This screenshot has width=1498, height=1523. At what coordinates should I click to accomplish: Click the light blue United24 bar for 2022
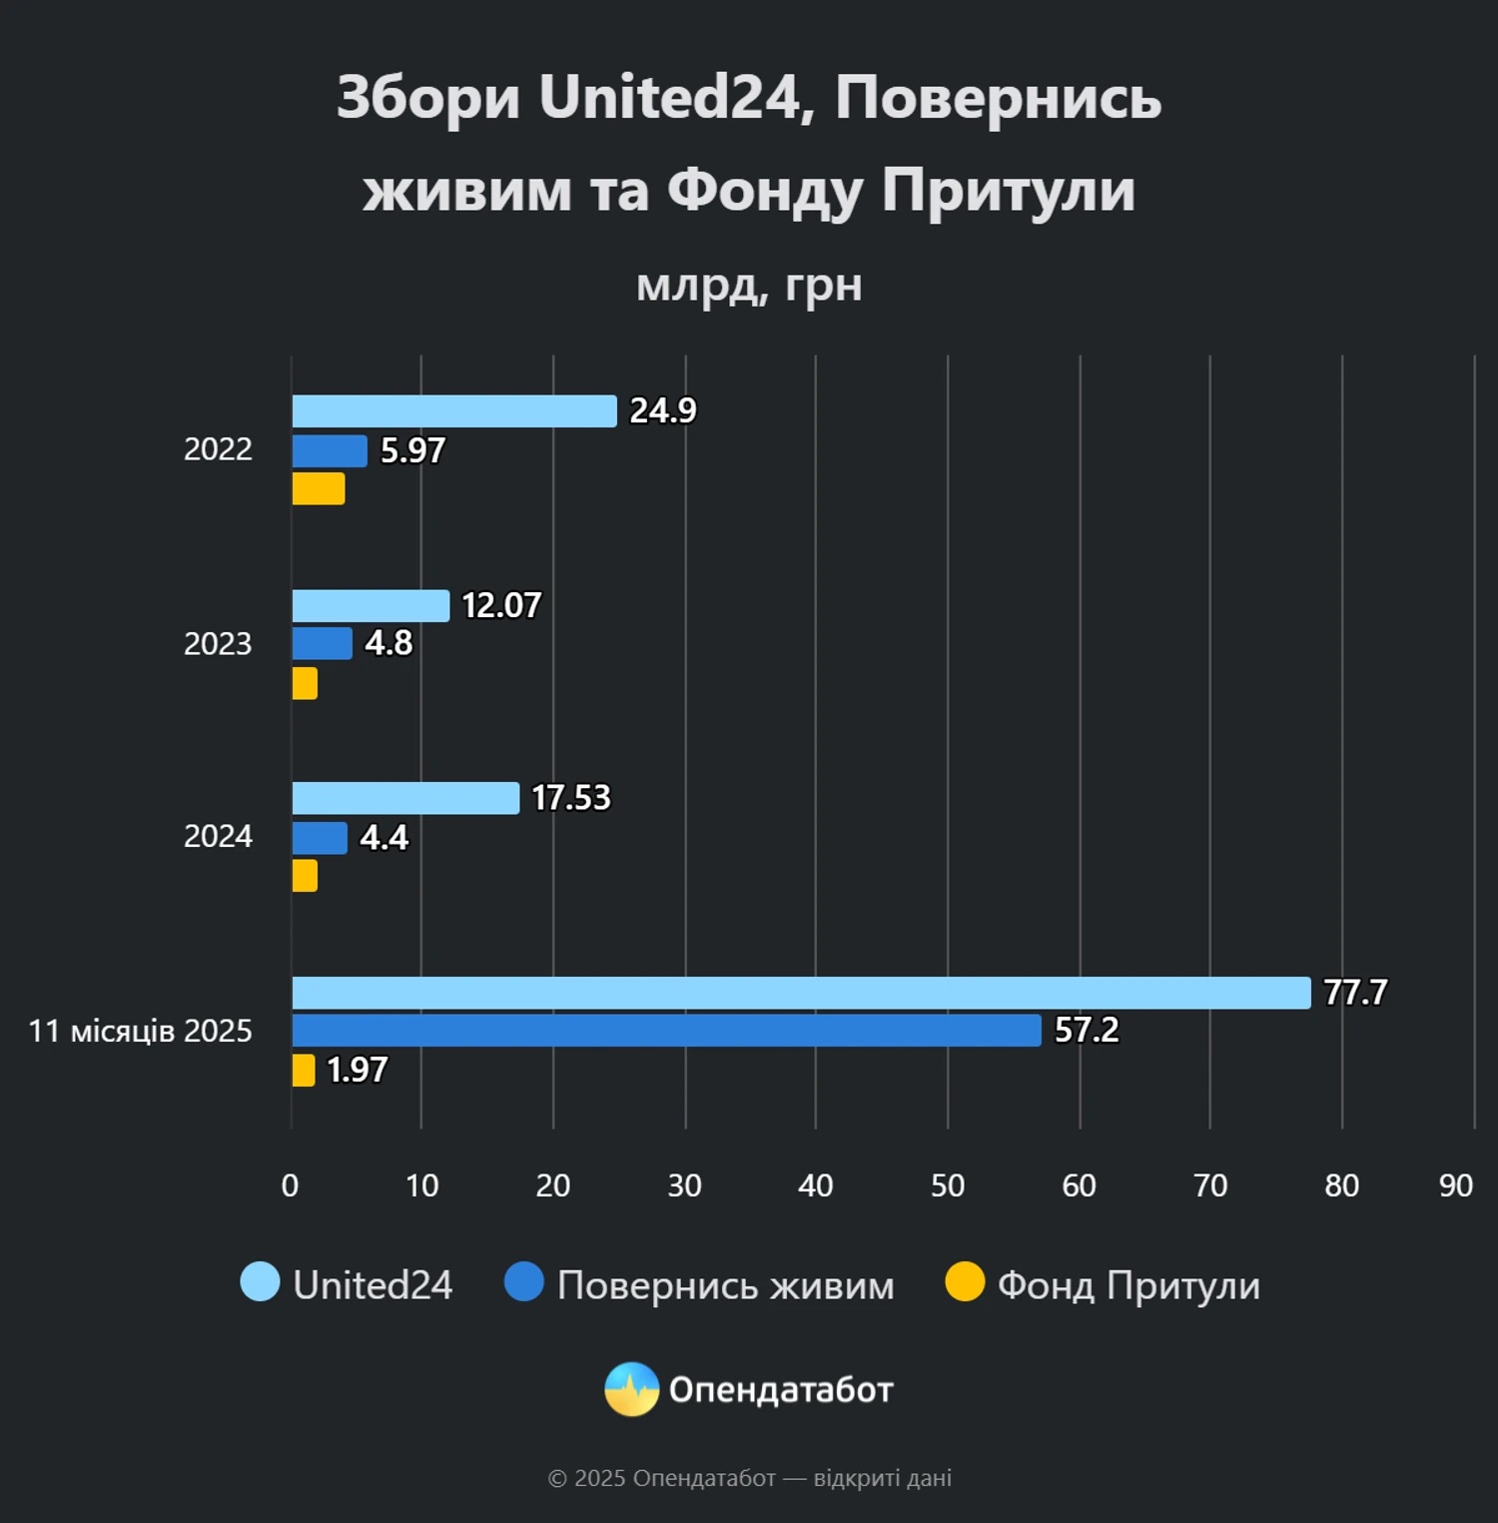(454, 411)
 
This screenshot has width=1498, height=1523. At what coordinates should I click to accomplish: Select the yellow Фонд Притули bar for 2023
(305, 684)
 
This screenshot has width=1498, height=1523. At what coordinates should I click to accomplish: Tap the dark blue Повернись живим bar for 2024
(320, 838)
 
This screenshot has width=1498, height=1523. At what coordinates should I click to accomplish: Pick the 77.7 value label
(1355, 993)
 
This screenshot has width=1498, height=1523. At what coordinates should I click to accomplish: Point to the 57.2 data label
(1087, 1030)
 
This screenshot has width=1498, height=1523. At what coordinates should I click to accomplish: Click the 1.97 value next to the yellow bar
(357, 1071)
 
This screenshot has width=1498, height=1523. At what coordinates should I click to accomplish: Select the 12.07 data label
(501, 605)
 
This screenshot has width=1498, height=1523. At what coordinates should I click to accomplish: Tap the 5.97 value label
(412, 451)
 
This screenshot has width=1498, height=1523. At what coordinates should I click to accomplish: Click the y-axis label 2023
(218, 644)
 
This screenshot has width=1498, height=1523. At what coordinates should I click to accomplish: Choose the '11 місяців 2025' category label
(141, 1031)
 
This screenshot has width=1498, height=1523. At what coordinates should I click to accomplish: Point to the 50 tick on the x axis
(947, 1185)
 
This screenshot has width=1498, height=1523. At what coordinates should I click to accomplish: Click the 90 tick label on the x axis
(1455, 1185)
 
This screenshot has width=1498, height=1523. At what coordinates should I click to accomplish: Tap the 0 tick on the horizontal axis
(290, 1185)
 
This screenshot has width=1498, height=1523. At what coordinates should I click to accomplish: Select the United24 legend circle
(260, 1282)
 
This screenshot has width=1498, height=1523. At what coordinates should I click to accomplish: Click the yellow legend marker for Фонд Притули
(965, 1282)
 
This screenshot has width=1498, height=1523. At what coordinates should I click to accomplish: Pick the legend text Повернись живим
(725, 1285)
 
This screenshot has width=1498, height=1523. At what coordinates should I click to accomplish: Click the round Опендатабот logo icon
(631, 1389)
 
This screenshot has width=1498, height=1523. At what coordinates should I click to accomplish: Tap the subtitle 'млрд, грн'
(749, 286)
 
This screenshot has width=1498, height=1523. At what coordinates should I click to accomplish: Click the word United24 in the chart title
(669, 98)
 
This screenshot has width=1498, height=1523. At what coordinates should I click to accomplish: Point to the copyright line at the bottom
(749, 1478)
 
